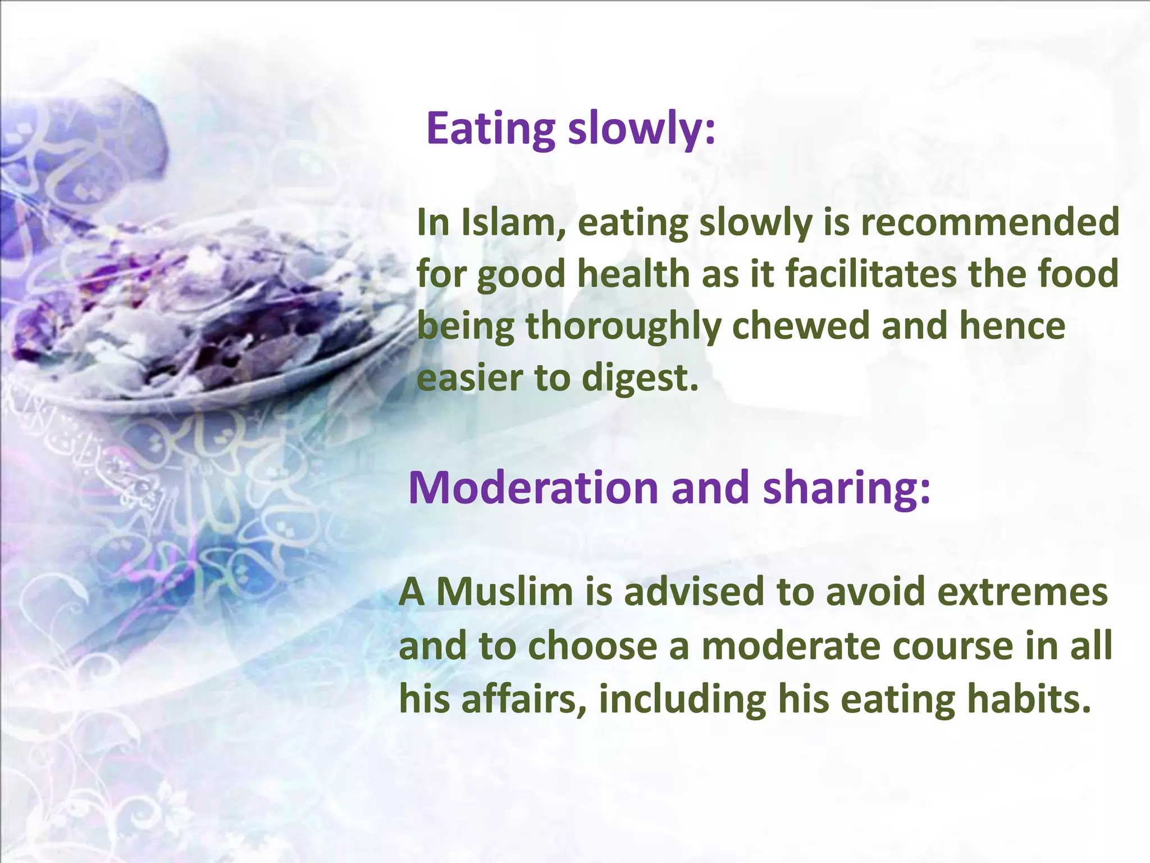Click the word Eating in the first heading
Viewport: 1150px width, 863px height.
point(491,129)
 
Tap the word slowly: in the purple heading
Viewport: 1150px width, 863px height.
point(642,129)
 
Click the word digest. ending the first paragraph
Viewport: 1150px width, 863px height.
point(640,378)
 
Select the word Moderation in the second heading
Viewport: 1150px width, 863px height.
point(533,488)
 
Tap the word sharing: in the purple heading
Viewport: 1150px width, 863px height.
point(847,488)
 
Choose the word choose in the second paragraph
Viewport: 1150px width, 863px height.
point(592,646)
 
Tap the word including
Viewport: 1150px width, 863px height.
point(682,700)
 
